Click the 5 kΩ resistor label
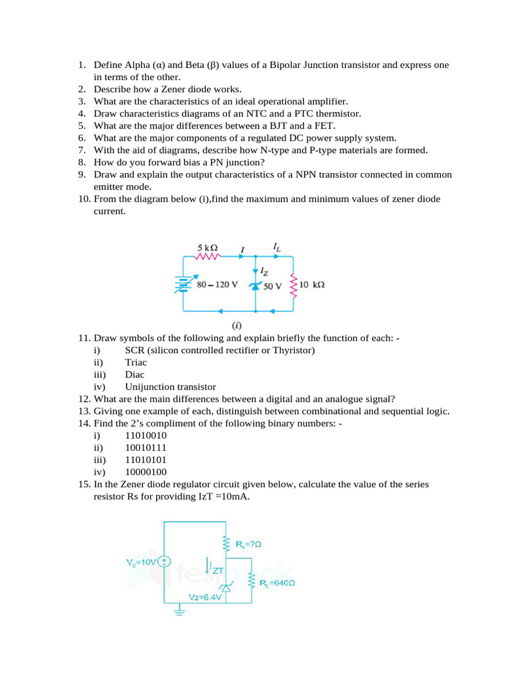207,247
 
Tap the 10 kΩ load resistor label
312,285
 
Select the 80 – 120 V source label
217,284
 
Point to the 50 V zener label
273,286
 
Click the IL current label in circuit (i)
277,248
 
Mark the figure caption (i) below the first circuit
238,325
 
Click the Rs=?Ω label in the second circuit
248,543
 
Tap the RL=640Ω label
277,583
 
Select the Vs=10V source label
141,561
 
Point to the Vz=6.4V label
205,597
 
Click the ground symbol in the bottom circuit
179,612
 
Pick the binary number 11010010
146,435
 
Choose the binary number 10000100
146,472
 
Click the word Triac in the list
136,362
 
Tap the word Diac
135,374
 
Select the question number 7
81,150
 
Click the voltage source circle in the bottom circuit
165,561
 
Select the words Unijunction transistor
170,387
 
